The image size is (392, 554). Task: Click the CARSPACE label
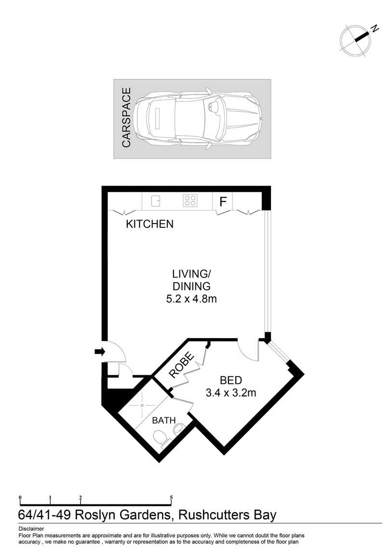126,118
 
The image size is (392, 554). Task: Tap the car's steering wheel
214,106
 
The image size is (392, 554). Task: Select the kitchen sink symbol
156,201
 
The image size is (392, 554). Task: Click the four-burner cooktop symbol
190,201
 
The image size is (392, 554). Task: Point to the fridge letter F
223,202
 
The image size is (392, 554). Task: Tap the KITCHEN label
149,224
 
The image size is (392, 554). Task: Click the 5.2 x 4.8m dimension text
191,299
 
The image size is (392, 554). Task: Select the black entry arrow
100,352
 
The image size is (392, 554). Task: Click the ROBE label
181,365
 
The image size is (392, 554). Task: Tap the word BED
231,380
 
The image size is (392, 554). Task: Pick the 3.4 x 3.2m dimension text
231,393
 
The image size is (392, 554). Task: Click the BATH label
163,421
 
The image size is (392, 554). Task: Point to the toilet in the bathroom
162,438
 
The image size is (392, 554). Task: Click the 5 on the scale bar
172,498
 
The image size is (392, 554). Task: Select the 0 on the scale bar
20,498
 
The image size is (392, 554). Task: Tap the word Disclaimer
31,529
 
